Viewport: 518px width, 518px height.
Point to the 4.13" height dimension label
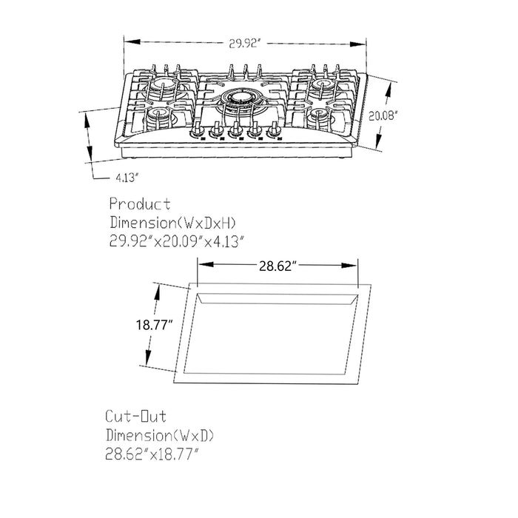point(127,178)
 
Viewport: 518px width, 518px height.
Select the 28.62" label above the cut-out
point(277,265)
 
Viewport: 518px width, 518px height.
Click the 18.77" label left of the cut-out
point(154,325)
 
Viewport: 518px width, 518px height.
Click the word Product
point(140,203)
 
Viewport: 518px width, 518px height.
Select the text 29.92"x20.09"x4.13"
point(176,240)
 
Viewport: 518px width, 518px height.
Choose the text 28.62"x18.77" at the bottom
point(154,454)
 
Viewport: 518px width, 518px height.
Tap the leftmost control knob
point(198,132)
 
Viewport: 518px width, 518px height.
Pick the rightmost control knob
point(275,132)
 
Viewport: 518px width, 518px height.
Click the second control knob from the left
point(218,132)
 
